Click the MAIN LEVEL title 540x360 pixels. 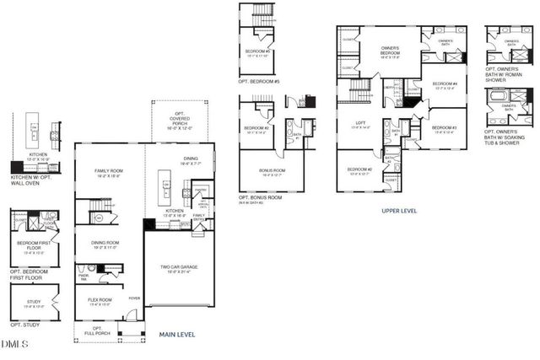click(x=177, y=335)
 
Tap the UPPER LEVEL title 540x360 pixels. click(x=399, y=211)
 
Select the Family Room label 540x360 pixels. click(x=109, y=174)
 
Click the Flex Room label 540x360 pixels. click(x=100, y=301)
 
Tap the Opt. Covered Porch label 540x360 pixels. click(x=179, y=122)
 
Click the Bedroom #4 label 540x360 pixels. click(x=444, y=85)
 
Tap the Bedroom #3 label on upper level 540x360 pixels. click(x=444, y=129)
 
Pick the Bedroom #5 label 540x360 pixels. click(x=258, y=52)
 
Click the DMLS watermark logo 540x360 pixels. click(x=14, y=344)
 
